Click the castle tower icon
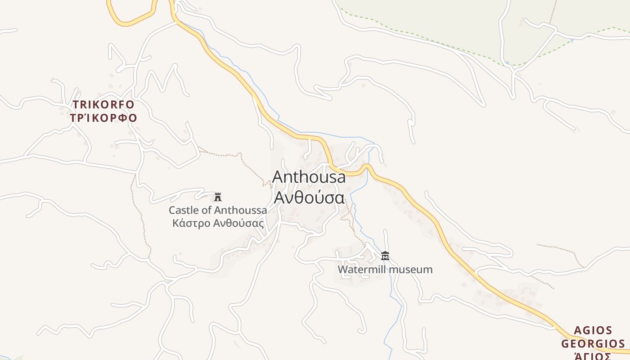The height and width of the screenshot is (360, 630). coord(218,197)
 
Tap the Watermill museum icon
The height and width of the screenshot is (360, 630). coord(385,256)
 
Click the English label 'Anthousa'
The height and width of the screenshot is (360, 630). coord(309,177)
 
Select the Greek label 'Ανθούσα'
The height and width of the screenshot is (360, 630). coord(309,198)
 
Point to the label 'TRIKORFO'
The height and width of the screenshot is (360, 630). coord(103,105)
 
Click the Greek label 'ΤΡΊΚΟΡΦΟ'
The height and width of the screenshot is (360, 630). coord(103,118)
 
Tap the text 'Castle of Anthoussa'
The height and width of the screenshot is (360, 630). coord(218,210)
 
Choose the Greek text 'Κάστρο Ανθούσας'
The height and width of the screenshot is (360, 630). coord(218,223)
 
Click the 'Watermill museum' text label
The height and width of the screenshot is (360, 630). coord(385,270)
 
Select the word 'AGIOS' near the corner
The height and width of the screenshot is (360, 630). coord(593,331)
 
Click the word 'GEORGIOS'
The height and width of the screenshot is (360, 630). coord(593,344)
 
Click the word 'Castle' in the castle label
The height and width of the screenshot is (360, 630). coord(182,210)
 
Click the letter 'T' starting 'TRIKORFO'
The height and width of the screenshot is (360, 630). coord(76,105)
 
